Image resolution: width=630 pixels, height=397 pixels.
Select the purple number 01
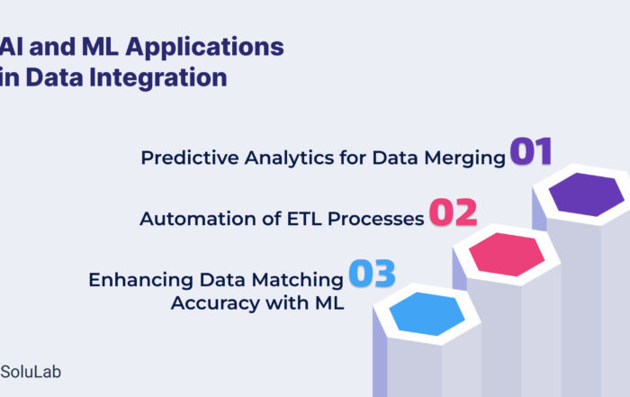[531, 151]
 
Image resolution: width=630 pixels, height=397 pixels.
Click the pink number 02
[454, 212]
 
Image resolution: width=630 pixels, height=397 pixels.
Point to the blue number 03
[372, 274]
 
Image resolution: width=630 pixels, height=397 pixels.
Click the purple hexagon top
[586, 194]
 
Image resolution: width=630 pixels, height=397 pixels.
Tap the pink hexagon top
[507, 254]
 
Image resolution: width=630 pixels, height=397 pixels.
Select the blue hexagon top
[427, 314]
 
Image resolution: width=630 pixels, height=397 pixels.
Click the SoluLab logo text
[31, 372]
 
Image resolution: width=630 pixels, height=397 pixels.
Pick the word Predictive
[190, 158]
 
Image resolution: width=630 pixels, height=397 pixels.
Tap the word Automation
[198, 219]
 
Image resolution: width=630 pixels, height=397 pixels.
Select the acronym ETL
[304, 219]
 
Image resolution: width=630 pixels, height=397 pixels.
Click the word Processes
[375, 219]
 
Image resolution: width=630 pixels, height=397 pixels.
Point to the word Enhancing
[140, 281]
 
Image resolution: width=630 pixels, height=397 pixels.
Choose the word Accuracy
[215, 303]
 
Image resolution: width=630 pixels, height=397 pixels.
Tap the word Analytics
[289, 158]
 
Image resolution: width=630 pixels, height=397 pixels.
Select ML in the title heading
[100, 46]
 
